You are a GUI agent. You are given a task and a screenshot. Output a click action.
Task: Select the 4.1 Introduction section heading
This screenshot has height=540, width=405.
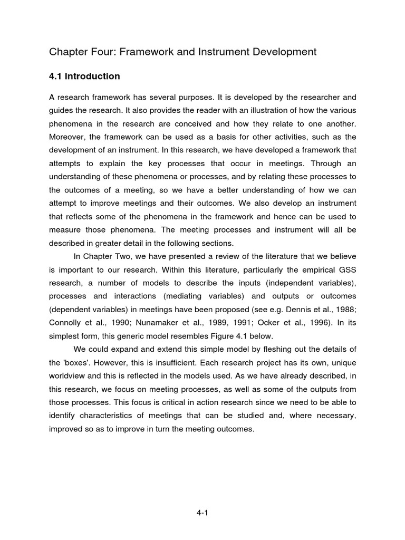pyautogui.click(x=84, y=76)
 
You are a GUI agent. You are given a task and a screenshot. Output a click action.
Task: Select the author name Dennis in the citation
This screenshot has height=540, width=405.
pyautogui.click(x=292, y=310)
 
